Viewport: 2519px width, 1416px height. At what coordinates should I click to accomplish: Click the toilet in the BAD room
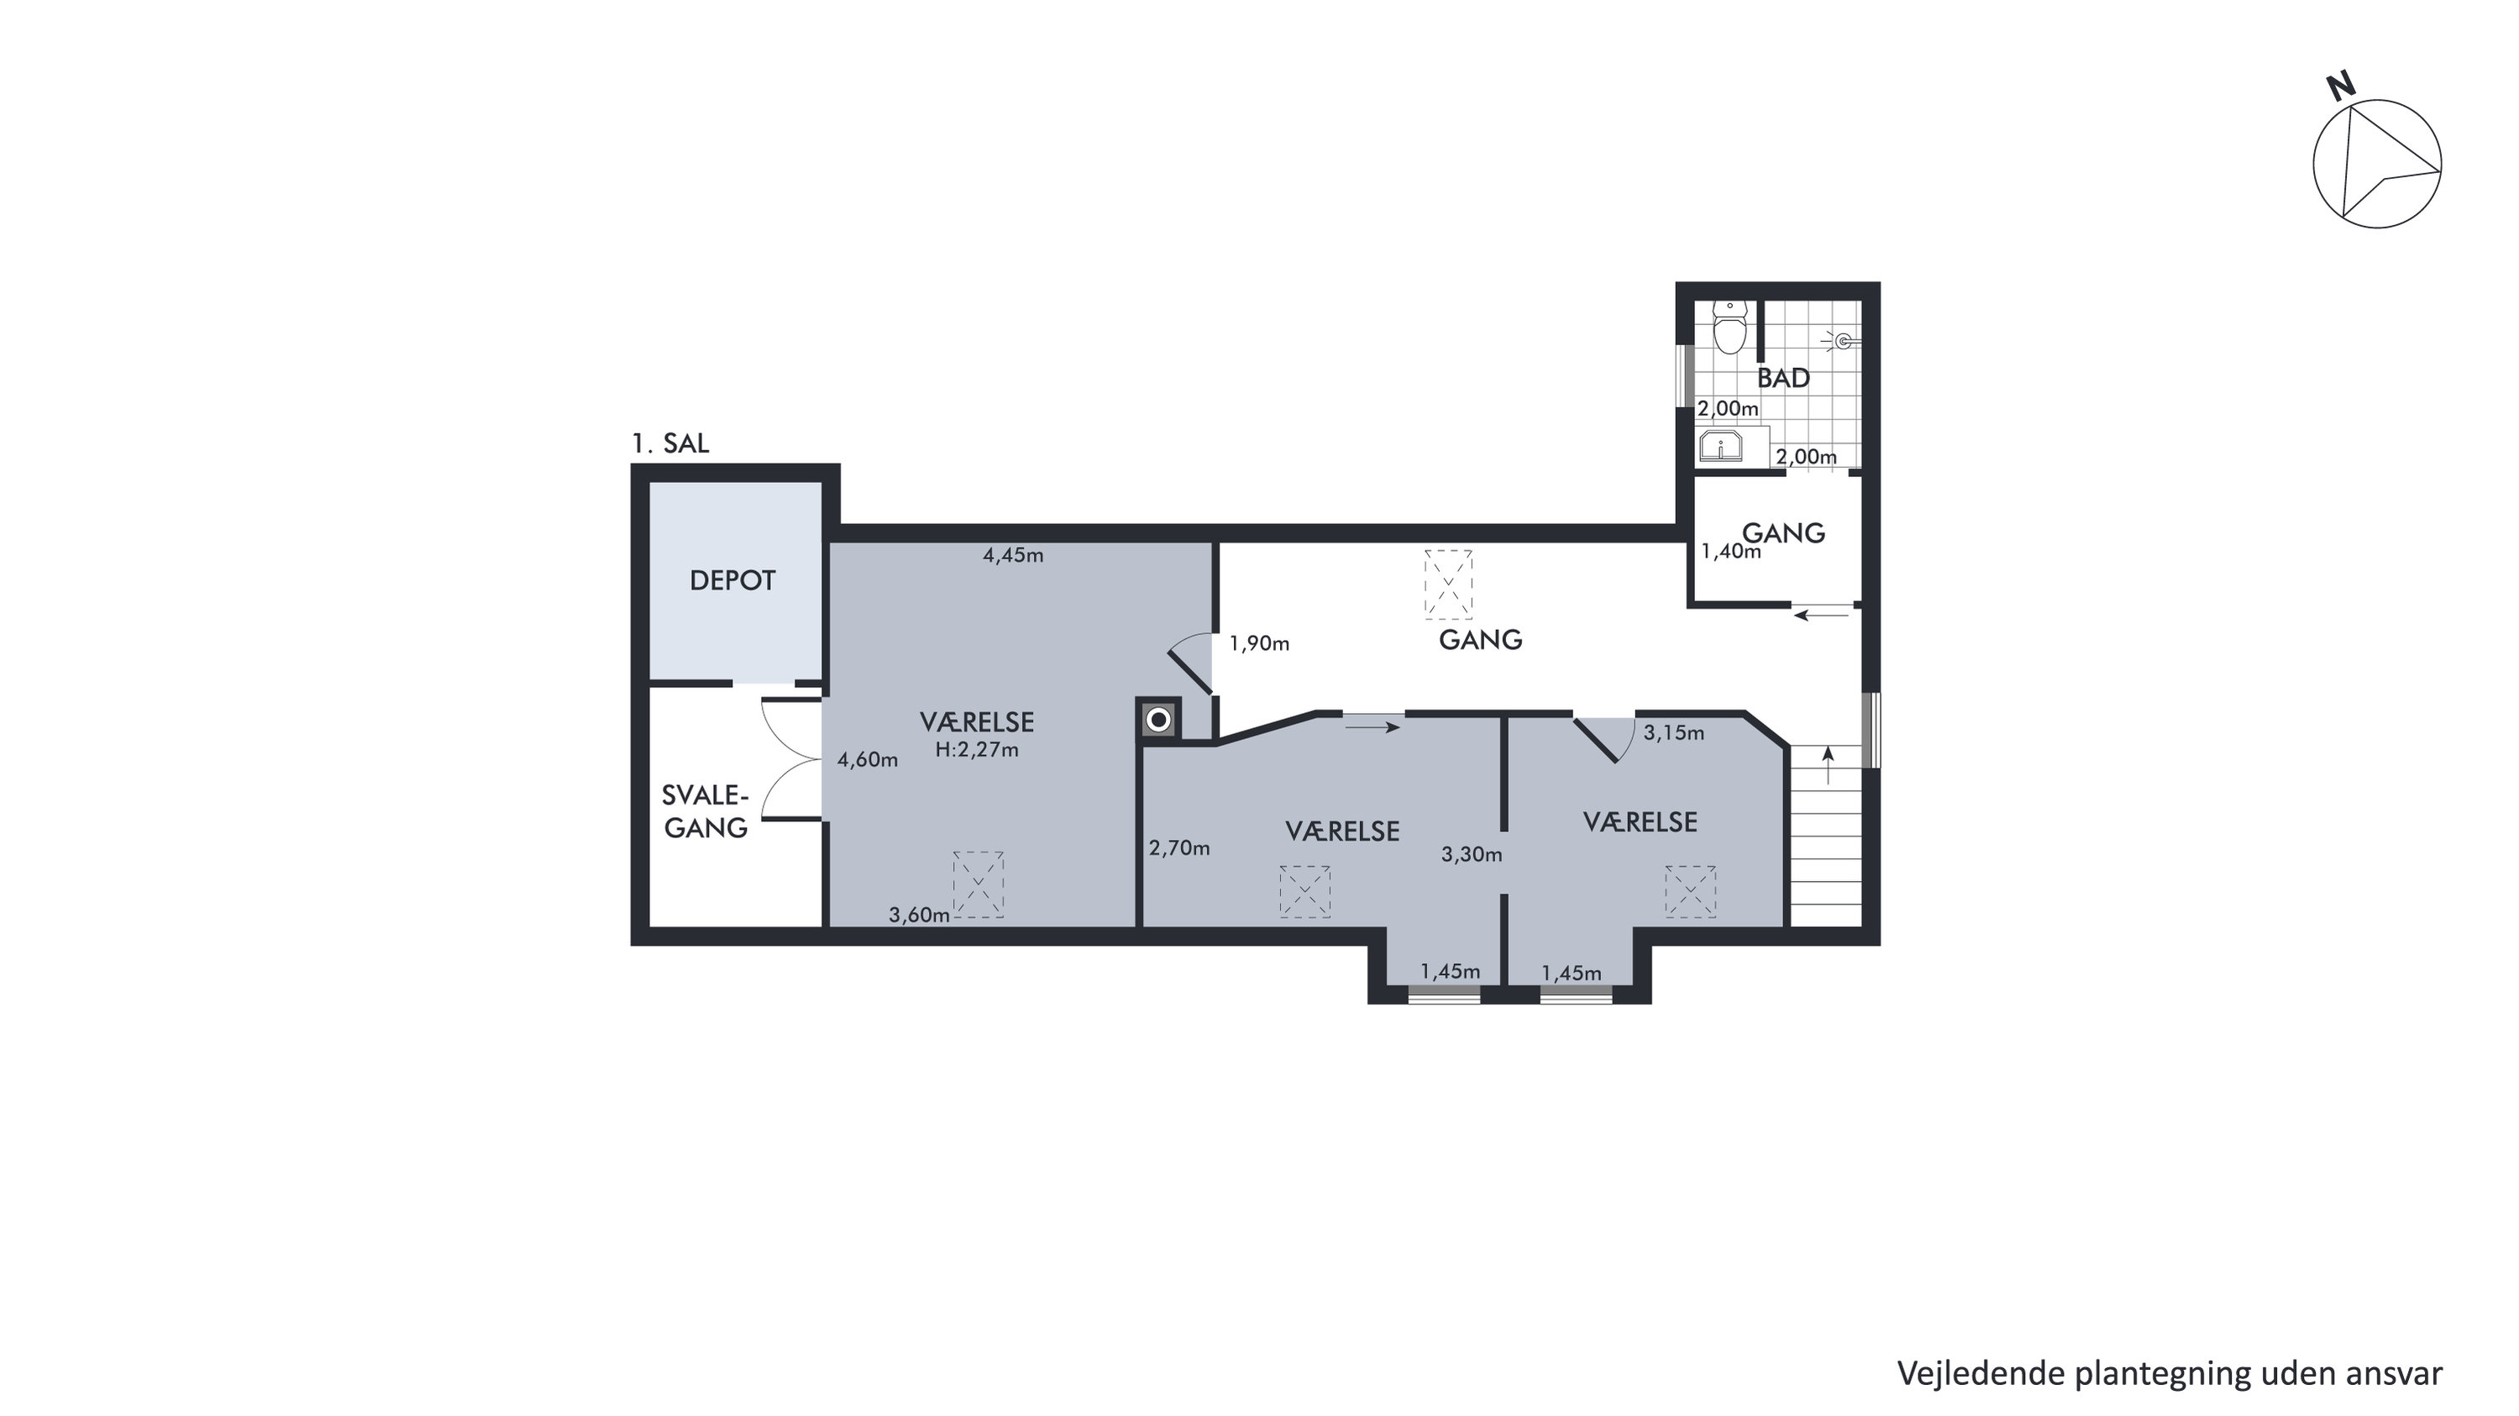[1729, 328]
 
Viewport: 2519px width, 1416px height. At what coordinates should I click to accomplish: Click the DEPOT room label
[732, 581]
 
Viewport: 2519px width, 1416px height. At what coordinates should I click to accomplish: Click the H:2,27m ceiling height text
[977, 750]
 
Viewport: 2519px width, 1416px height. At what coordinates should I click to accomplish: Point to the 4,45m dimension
[1013, 555]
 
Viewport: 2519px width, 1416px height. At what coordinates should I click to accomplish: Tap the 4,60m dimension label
[868, 759]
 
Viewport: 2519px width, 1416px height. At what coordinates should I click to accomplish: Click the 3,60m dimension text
[919, 915]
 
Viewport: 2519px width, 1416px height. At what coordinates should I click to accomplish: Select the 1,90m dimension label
[1260, 643]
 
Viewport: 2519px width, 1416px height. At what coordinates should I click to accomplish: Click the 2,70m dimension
[1179, 848]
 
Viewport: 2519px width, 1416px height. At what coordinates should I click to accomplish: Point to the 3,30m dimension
[1472, 855]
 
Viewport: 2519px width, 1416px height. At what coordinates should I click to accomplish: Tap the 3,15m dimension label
[1673, 732]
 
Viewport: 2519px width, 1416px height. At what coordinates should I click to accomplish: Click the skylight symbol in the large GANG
[1448, 584]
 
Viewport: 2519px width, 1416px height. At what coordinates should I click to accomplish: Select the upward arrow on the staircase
[1827, 765]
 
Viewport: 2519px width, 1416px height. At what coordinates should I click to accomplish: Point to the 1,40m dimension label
[1731, 552]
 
